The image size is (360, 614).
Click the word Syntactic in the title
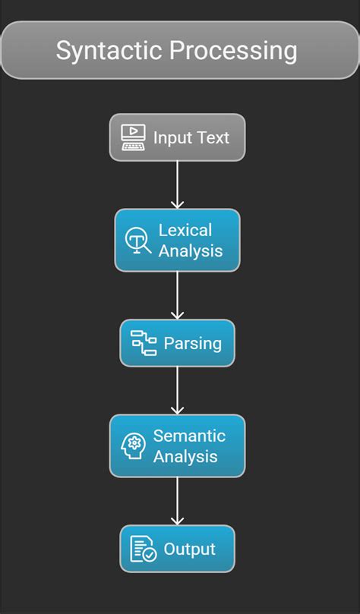tap(109, 51)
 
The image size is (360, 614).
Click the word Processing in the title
tap(232, 51)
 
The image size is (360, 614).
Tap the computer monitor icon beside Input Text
tap(134, 137)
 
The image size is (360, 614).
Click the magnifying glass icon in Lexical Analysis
tap(137, 241)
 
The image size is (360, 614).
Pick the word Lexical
tap(185, 230)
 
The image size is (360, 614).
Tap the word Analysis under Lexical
tap(191, 250)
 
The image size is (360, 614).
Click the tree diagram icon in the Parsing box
tap(144, 343)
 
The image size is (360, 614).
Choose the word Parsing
tap(193, 344)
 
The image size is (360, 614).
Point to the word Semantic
tap(189, 436)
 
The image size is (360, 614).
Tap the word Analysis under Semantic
tap(186, 456)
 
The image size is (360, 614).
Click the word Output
tap(190, 549)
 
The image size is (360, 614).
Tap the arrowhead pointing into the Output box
tap(177, 520)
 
